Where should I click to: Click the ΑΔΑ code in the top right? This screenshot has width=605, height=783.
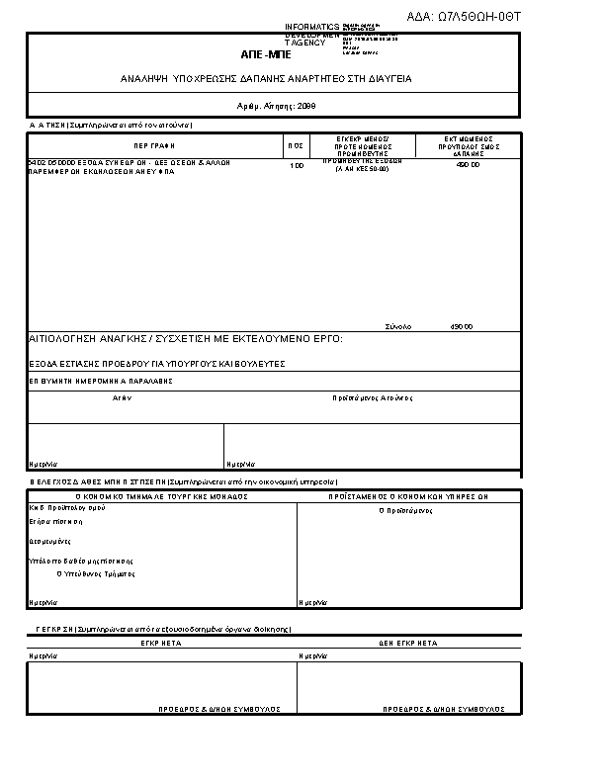463,17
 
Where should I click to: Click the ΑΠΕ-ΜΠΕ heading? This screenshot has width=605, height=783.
266,55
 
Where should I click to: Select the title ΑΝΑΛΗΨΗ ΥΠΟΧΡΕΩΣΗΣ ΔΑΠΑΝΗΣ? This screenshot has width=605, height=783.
266,78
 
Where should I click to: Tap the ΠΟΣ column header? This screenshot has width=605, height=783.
296,145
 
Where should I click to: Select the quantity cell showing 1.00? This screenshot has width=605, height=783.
296,166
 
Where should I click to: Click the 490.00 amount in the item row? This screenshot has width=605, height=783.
468,165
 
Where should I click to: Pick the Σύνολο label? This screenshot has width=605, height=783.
398,326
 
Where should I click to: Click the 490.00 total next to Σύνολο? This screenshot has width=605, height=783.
462,326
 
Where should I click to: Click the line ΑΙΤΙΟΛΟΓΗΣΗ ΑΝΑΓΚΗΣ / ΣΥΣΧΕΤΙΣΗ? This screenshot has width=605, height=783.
186,339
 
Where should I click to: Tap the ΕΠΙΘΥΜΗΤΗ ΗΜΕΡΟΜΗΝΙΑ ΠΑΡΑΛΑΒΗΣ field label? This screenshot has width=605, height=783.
101,381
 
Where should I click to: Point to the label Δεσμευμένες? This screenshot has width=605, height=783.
48,542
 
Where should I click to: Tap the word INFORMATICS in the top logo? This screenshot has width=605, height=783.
311,26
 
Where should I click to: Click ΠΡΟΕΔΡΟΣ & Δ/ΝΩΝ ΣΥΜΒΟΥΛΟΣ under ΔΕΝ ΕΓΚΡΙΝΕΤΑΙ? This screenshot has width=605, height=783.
444,710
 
